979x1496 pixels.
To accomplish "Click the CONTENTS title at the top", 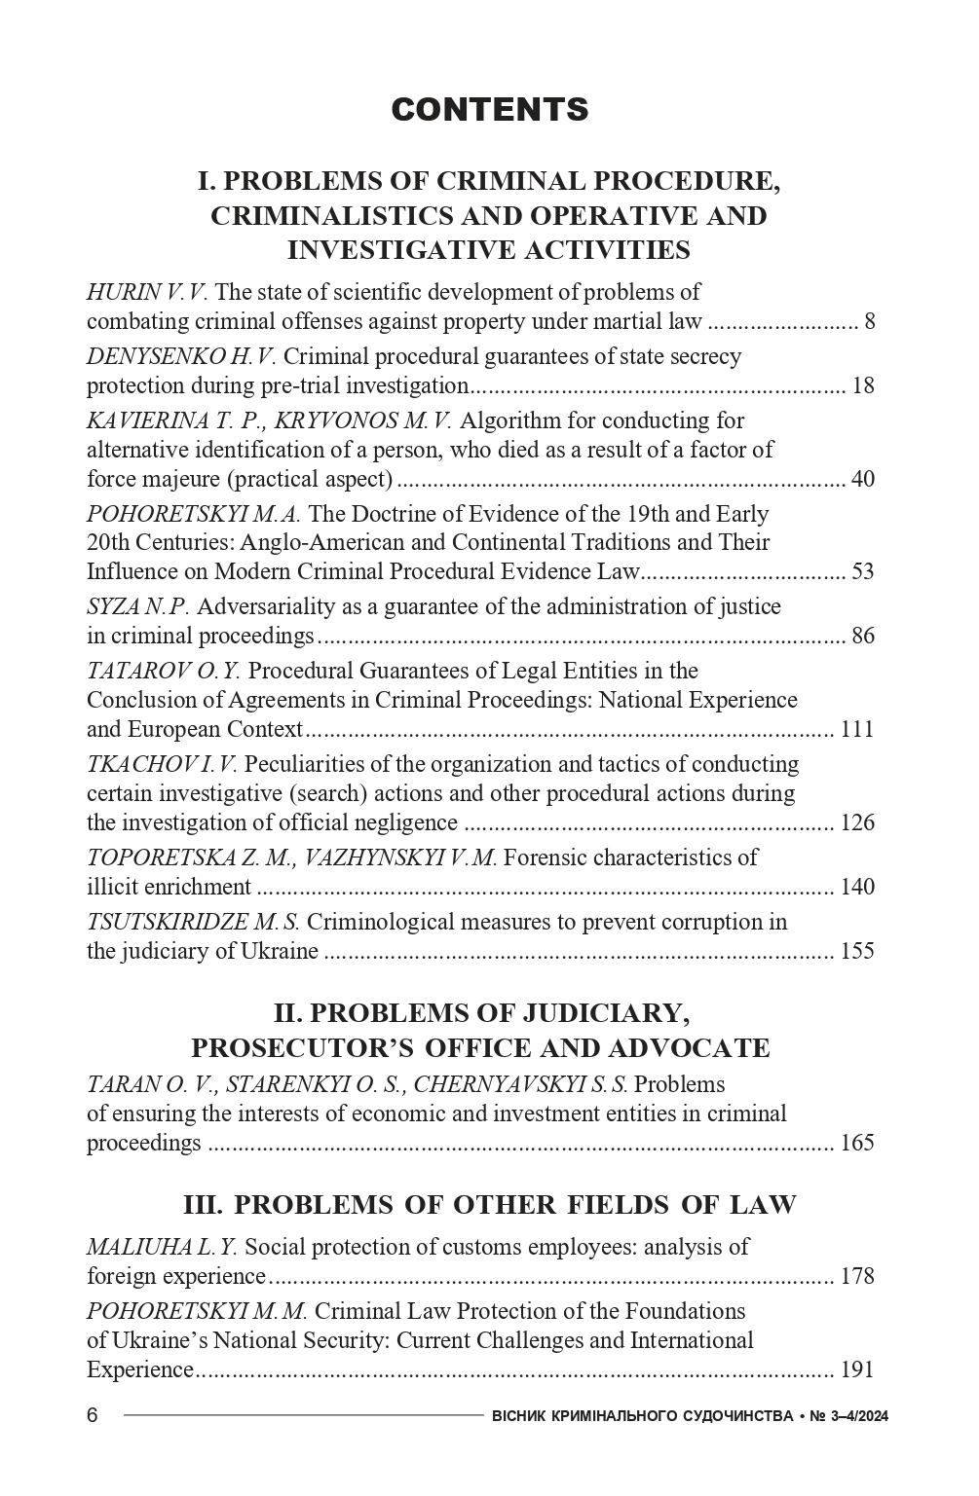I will (490, 110).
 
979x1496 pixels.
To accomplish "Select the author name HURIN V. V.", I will (147, 293).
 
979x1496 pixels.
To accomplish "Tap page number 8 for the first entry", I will (869, 322).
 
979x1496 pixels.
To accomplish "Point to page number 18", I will (863, 386).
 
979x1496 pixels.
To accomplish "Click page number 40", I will (863, 480).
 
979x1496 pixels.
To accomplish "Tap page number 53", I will (863, 572).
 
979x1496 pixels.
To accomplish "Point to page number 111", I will (857, 730).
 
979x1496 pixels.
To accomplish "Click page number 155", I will (857, 952).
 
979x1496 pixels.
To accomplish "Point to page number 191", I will (857, 1370).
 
